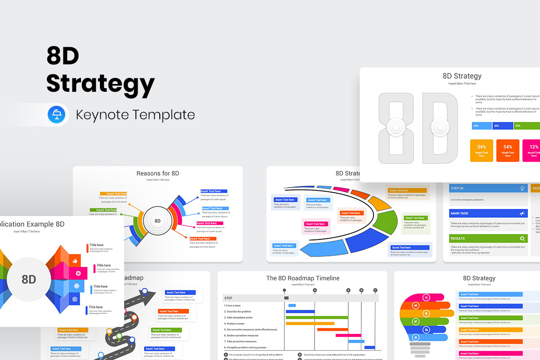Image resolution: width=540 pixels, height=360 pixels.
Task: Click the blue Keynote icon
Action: click(x=57, y=114)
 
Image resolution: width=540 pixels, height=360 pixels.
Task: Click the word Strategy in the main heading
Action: click(x=100, y=83)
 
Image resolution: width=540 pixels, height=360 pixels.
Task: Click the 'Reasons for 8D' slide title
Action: click(x=157, y=173)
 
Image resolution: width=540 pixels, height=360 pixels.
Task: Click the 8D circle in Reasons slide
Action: click(x=157, y=221)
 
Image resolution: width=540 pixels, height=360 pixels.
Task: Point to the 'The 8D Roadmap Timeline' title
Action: click(x=302, y=278)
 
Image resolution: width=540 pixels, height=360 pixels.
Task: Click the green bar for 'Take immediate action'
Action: click(x=317, y=317)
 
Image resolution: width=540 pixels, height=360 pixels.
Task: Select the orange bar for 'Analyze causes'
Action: click(x=310, y=323)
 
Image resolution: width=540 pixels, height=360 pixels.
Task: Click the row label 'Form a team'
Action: click(x=233, y=306)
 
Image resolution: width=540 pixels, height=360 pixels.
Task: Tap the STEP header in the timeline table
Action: click(x=229, y=298)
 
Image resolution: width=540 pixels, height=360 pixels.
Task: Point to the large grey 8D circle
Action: click(x=29, y=279)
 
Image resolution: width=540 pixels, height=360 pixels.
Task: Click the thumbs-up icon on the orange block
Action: click(x=75, y=261)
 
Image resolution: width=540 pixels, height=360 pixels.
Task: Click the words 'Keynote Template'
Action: click(x=135, y=115)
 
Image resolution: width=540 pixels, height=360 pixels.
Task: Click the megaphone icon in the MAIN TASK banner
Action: click(x=522, y=213)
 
